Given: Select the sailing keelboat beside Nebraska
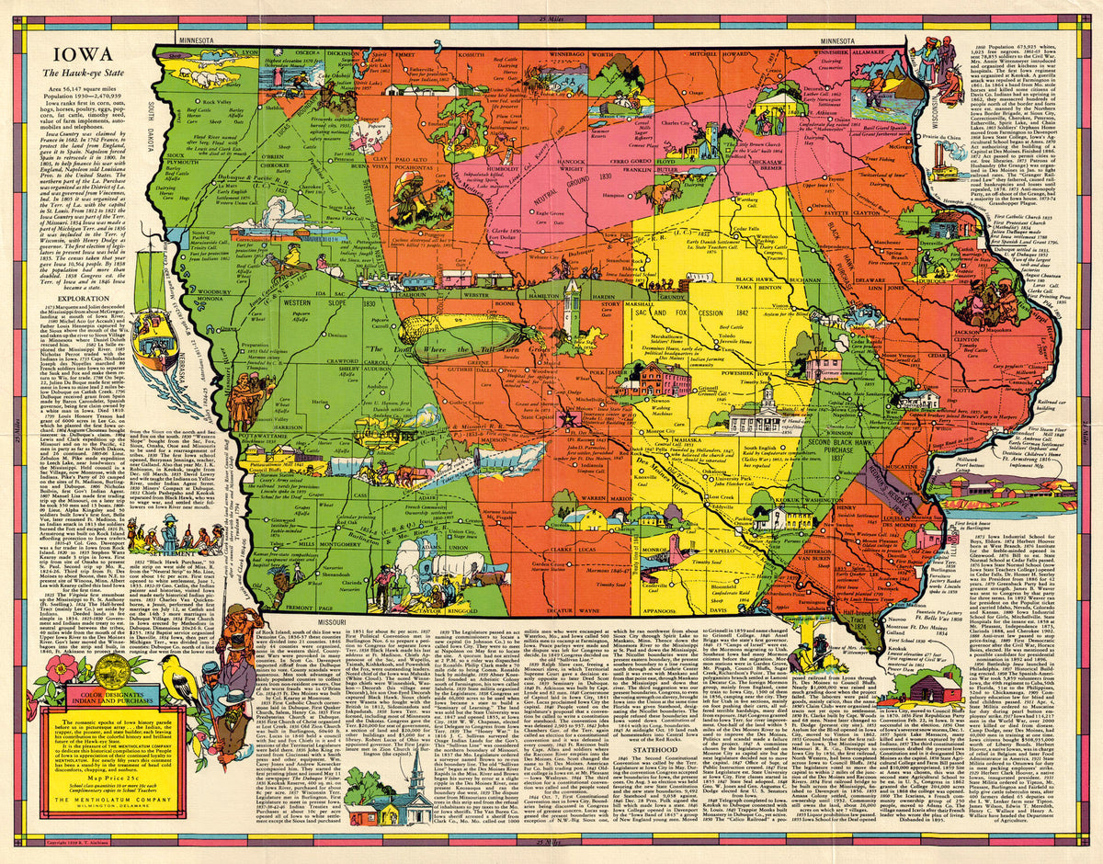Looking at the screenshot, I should [x=157, y=335].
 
